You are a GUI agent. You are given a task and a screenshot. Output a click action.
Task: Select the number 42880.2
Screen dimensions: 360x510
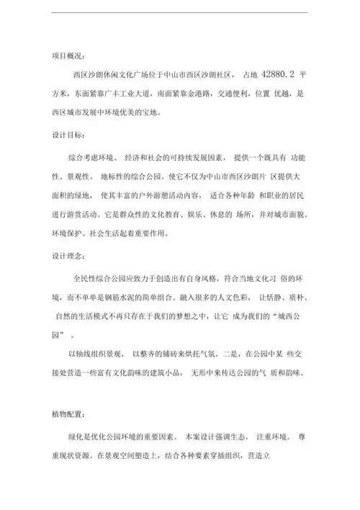click(276, 73)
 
